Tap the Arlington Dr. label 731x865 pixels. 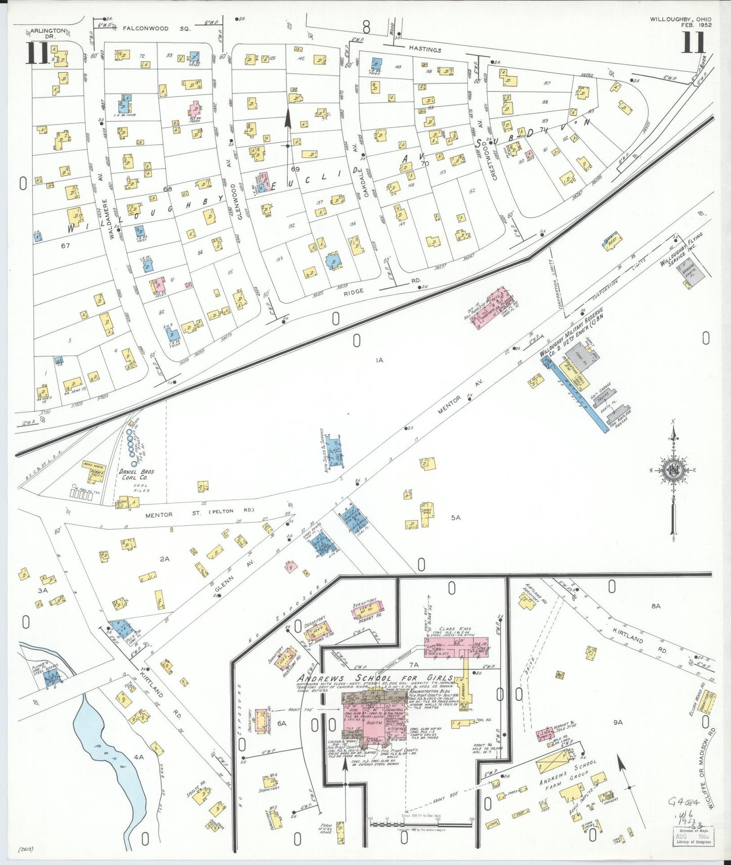[47, 33]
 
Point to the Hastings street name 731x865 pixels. [425, 49]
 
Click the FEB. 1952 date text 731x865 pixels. [696, 25]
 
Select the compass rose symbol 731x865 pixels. [674, 470]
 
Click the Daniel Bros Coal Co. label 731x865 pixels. [137, 474]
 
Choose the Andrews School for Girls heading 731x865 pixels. [375, 679]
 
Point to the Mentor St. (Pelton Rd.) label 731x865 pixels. [199, 513]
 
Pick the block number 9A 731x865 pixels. [618, 722]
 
